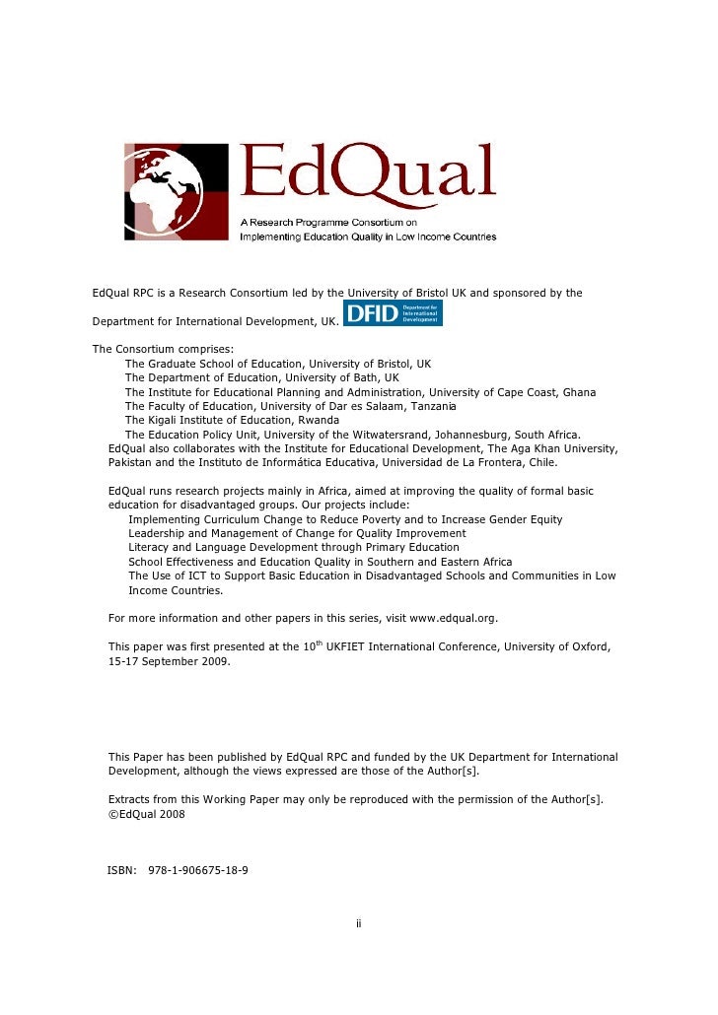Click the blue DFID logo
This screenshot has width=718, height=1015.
[x=392, y=313]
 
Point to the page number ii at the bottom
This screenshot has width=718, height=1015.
[x=359, y=923]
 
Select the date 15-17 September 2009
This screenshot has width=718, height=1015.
[x=169, y=661]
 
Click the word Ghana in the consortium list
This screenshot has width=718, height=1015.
[x=580, y=392]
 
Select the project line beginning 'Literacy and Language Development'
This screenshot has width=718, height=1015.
[x=294, y=547]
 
